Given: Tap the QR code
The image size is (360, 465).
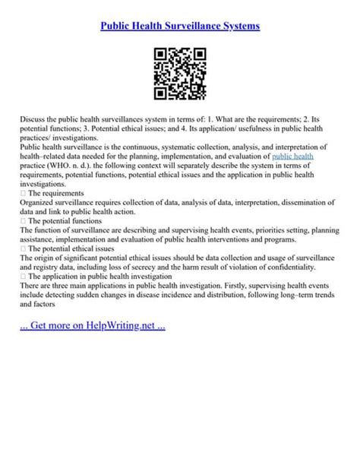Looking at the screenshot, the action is pos(180,74).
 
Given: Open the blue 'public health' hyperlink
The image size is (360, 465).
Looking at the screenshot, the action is pos(292,155).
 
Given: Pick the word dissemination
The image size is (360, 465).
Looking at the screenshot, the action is pos(308,202).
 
